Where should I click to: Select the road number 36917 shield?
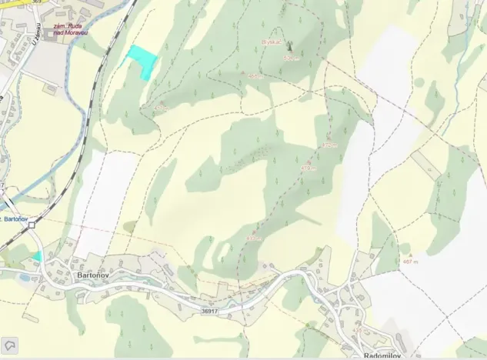point(210,311)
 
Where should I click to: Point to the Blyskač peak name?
point(272,42)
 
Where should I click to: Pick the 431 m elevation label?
point(255,238)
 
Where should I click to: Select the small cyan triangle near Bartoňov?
point(37,255)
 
